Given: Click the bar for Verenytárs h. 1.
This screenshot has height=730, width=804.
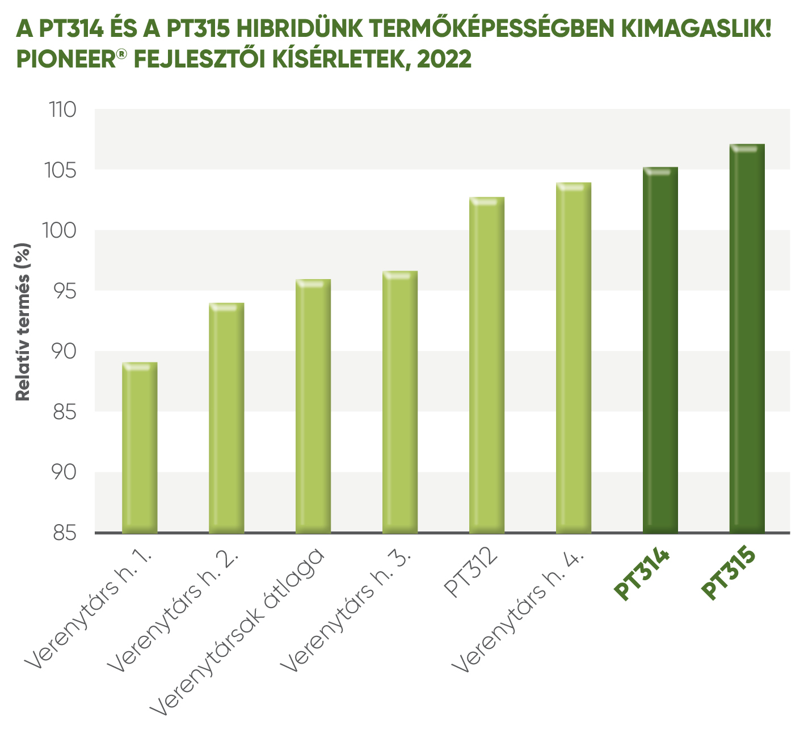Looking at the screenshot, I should point(140,448).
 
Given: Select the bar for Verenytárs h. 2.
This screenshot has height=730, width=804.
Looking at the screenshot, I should point(226,418).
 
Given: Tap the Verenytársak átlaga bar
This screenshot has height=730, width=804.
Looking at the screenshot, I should point(313,406).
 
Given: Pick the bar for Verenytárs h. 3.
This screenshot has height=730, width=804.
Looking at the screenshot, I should point(400,402).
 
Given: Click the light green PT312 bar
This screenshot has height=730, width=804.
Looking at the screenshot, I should point(487,365).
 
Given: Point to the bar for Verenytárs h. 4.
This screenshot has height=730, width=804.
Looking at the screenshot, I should point(574,358).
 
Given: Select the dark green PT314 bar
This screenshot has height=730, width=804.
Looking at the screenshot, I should point(660,350).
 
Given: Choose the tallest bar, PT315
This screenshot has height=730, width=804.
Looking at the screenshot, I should point(747,339).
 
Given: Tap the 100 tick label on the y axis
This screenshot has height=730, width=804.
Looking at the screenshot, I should point(60,231).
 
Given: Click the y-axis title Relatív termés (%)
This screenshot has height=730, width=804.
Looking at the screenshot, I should point(23,322).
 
